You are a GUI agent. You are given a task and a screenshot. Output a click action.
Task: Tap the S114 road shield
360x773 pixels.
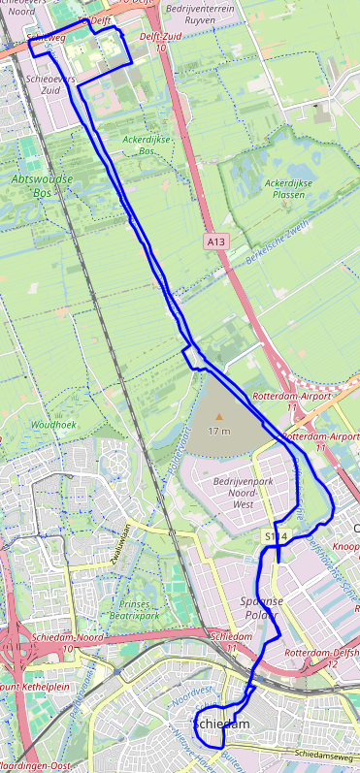276,535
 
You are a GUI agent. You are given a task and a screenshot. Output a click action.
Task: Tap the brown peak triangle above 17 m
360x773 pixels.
218,417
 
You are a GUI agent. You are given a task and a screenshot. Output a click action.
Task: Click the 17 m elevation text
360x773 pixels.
218,431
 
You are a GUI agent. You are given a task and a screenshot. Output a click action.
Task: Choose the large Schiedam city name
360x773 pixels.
222,725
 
